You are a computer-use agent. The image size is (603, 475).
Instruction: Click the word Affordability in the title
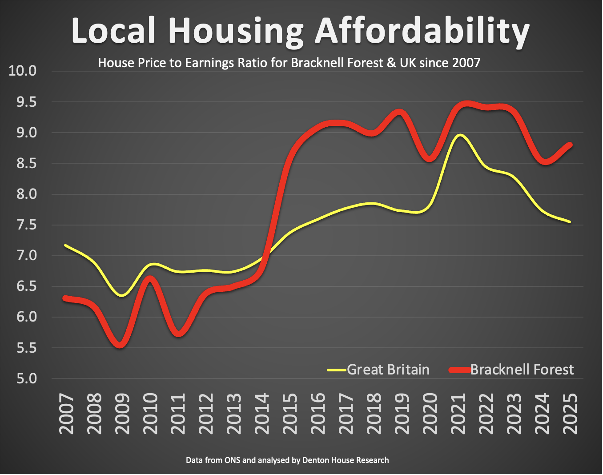click(x=422, y=31)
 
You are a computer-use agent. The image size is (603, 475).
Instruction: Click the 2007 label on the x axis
click(x=66, y=414)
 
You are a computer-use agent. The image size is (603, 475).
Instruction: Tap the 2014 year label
click(x=262, y=414)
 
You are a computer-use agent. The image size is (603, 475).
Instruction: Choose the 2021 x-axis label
click(x=458, y=414)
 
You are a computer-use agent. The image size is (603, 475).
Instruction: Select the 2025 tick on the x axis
click(x=571, y=414)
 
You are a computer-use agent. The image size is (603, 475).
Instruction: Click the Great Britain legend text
click(x=388, y=370)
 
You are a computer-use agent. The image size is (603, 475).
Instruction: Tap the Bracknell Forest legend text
click(x=522, y=370)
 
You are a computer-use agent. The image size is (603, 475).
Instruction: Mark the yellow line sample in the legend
click(x=337, y=370)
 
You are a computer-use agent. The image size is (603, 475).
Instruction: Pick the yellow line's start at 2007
click(x=66, y=245)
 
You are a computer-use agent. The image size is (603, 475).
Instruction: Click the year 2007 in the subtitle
click(x=466, y=63)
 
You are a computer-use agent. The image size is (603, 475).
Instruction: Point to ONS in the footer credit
click(x=232, y=460)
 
